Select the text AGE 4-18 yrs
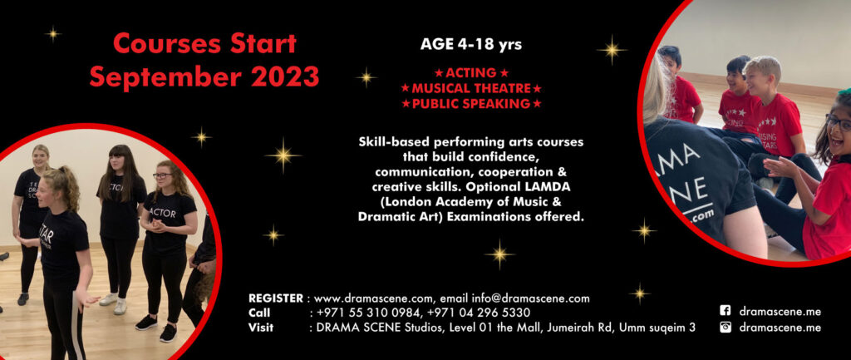pos(471,44)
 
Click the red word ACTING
pos(470,73)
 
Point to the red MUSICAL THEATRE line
pos(471,88)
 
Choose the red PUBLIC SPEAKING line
pos(471,103)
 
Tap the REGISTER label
pos(275,298)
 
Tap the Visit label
pos(260,327)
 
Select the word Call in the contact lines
pos(258,313)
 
